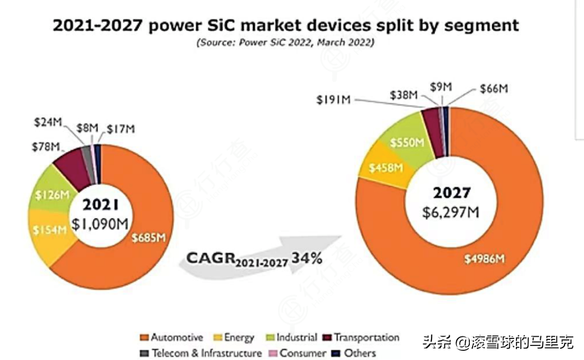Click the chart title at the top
(x=286, y=25)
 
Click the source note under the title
(x=285, y=43)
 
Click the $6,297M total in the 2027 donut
(x=450, y=212)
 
